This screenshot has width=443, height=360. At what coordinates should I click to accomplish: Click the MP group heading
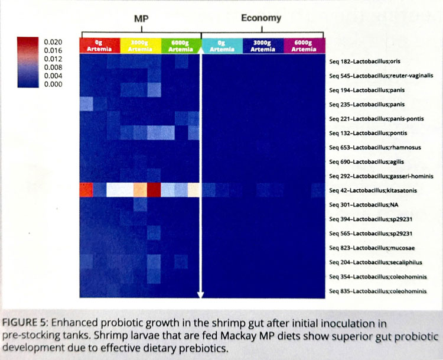point(141,18)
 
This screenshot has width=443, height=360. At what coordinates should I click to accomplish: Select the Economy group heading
point(261,18)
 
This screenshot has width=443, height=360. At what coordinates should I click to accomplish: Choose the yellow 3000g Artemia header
point(140,46)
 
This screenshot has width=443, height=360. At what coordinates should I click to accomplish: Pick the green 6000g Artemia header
point(180,46)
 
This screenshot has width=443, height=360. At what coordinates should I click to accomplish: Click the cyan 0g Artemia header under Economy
point(222,46)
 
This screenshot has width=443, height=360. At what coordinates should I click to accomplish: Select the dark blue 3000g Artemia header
point(262,46)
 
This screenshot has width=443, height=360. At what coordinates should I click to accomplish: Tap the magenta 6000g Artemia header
point(303,46)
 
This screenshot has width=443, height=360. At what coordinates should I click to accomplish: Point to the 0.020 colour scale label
point(53,43)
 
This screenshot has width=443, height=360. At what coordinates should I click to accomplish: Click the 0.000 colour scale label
point(53,85)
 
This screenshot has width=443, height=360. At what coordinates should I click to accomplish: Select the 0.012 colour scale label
point(53,59)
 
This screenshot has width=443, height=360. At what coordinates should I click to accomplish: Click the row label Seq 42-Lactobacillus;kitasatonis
point(377,190)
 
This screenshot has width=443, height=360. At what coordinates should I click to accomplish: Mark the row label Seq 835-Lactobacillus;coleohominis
point(378,290)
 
